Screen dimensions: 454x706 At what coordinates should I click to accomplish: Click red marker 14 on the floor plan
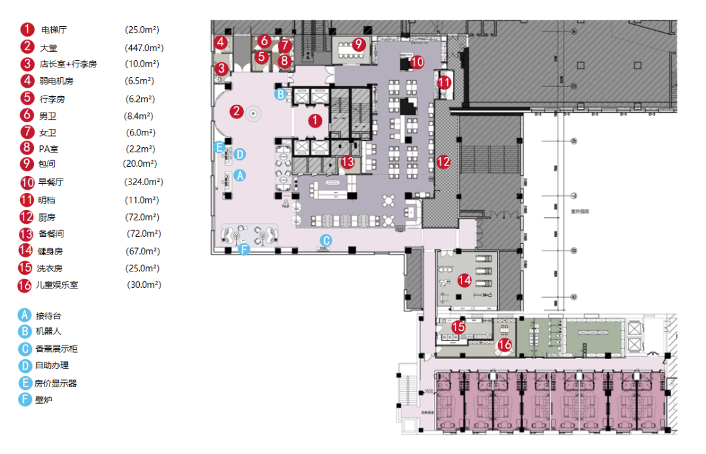465,281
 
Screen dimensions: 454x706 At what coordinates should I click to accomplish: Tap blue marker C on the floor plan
326,240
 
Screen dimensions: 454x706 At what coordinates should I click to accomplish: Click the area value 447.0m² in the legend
144,47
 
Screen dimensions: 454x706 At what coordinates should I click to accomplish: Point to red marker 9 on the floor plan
358,45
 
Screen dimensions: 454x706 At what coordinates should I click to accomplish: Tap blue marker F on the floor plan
244,249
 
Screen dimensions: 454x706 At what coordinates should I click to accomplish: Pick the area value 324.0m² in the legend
144,182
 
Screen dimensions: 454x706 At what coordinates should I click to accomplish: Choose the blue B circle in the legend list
25,332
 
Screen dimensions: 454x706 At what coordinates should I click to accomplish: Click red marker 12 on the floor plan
444,161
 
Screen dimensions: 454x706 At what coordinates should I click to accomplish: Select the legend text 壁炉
44,399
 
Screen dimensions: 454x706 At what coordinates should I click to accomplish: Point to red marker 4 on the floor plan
221,43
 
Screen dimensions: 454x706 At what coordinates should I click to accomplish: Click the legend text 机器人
48,332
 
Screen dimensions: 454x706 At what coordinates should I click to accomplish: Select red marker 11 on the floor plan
445,83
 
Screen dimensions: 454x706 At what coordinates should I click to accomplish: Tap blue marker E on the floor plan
220,147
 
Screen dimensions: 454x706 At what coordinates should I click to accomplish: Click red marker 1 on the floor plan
315,120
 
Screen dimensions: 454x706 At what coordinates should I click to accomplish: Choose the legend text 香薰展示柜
57,349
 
